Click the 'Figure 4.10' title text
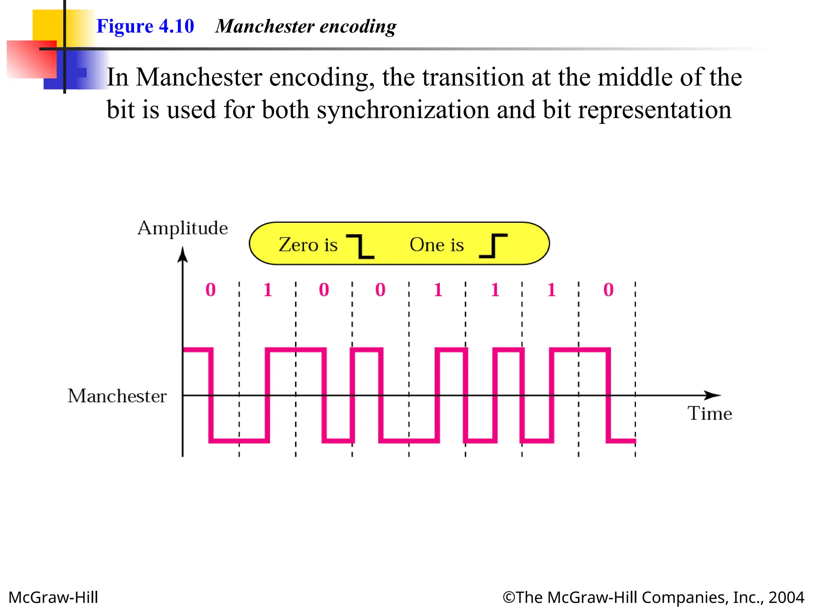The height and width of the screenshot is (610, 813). pyautogui.click(x=145, y=26)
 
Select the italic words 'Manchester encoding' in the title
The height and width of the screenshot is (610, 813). pyautogui.click(x=306, y=26)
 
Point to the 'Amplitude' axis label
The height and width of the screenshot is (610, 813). pyautogui.click(x=183, y=228)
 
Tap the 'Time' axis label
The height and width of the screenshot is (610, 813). pyautogui.click(x=710, y=413)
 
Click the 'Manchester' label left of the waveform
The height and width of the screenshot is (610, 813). pyautogui.click(x=117, y=396)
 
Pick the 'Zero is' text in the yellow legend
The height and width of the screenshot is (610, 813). pyautogui.click(x=308, y=245)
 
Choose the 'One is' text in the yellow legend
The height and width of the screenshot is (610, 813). pyautogui.click(x=437, y=245)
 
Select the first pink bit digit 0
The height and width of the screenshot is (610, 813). pyautogui.click(x=210, y=290)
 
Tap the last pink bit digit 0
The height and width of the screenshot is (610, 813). pyautogui.click(x=608, y=290)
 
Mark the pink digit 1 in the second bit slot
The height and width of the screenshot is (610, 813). pyautogui.click(x=268, y=290)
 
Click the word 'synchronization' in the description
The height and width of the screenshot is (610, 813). pyautogui.click(x=403, y=110)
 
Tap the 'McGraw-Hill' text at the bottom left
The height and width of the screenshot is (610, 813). pyautogui.click(x=53, y=597)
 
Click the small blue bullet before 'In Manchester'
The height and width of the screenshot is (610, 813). pyautogui.click(x=82, y=72)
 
